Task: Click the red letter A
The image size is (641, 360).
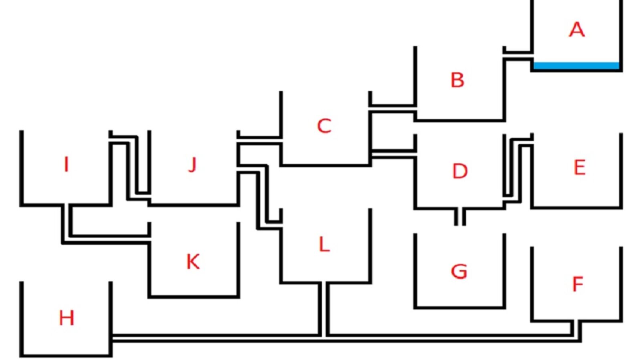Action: pyautogui.click(x=576, y=30)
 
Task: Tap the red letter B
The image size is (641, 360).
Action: pyautogui.click(x=457, y=80)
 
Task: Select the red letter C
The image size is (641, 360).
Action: pyautogui.click(x=324, y=126)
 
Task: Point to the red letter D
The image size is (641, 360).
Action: pyautogui.click(x=460, y=171)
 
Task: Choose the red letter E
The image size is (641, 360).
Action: pyautogui.click(x=579, y=167)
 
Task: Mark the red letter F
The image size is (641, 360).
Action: pyautogui.click(x=577, y=284)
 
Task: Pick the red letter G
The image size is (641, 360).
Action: pyautogui.click(x=459, y=271)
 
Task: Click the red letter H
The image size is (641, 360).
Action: pyautogui.click(x=67, y=318)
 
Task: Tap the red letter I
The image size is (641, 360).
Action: pyautogui.click(x=67, y=164)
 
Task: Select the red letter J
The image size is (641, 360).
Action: pyautogui.click(x=193, y=164)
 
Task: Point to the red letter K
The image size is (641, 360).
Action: pyautogui.click(x=193, y=261)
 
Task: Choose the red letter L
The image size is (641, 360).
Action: pyautogui.click(x=324, y=244)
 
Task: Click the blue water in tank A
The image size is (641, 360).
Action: pyautogui.click(x=576, y=65)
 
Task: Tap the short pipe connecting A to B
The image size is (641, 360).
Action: pyautogui.click(x=518, y=56)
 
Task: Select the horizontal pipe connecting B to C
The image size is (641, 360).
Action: pyautogui.click(x=393, y=110)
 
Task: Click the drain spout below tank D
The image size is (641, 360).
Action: pyautogui.click(x=460, y=217)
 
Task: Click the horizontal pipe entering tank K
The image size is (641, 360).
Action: pyautogui.click(x=108, y=239)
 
